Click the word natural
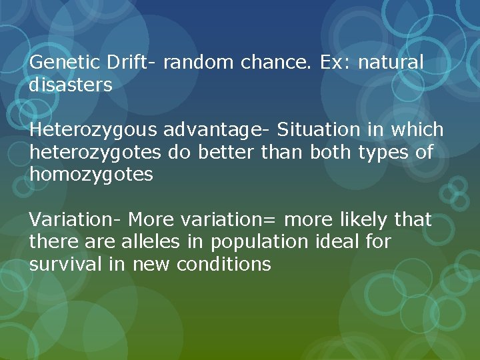[391, 63]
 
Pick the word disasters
[71, 85]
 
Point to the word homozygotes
[91, 175]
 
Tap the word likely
[365, 219]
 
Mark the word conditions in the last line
[223, 264]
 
